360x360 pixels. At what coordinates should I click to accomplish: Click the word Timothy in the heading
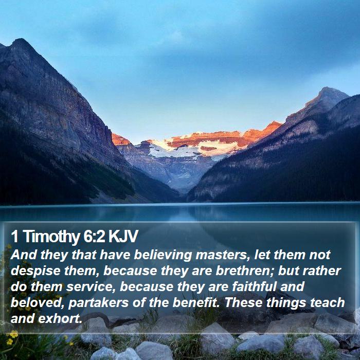click(x=51, y=237)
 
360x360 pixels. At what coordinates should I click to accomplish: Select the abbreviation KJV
click(x=123, y=236)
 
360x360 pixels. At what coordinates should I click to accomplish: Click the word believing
click(x=163, y=255)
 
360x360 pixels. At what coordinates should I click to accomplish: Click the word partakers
click(x=98, y=303)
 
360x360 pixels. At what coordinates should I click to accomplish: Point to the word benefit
click(x=195, y=302)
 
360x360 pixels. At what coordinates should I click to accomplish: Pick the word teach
click(x=328, y=302)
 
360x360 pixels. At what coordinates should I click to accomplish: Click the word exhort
click(x=60, y=319)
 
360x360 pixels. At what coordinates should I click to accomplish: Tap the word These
click(x=243, y=302)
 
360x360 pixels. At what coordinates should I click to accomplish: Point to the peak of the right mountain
click(x=327, y=88)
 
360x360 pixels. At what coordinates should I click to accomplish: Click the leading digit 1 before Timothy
click(x=14, y=236)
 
